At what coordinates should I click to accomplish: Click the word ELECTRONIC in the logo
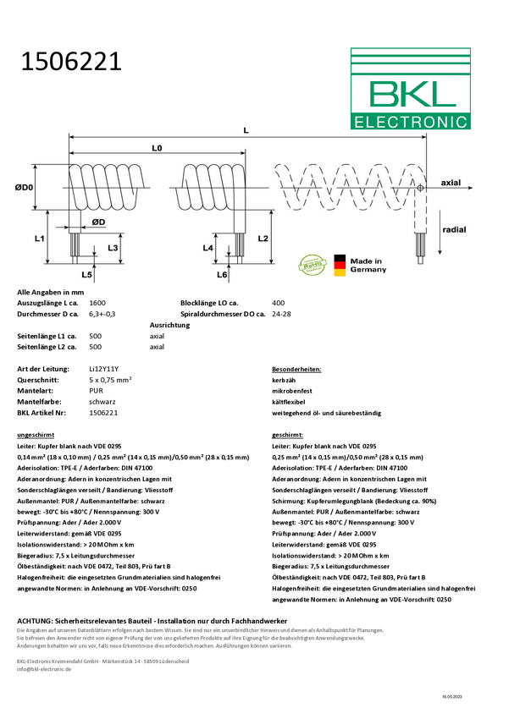[x=411, y=122]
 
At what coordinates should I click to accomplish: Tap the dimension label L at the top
[x=246, y=130]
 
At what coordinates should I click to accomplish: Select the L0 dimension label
[x=157, y=148]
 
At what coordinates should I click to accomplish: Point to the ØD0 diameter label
[x=25, y=187]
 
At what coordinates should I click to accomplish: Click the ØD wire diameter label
[x=98, y=222]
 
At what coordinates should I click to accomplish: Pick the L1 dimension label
[x=39, y=239]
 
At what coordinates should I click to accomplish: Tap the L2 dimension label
[x=263, y=239]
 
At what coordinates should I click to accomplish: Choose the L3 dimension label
[x=113, y=248]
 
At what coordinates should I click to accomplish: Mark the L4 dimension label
[x=208, y=248]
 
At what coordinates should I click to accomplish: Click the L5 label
[x=86, y=275]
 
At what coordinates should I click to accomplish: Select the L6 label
[x=222, y=275]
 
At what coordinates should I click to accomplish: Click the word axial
[x=451, y=183]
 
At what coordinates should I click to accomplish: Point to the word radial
[x=454, y=229]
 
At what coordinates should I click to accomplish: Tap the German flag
[x=340, y=265]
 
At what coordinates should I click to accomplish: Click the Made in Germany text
[x=368, y=265]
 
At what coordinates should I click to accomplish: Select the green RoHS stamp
[x=313, y=264]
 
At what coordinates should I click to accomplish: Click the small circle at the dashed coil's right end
[x=419, y=188]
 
